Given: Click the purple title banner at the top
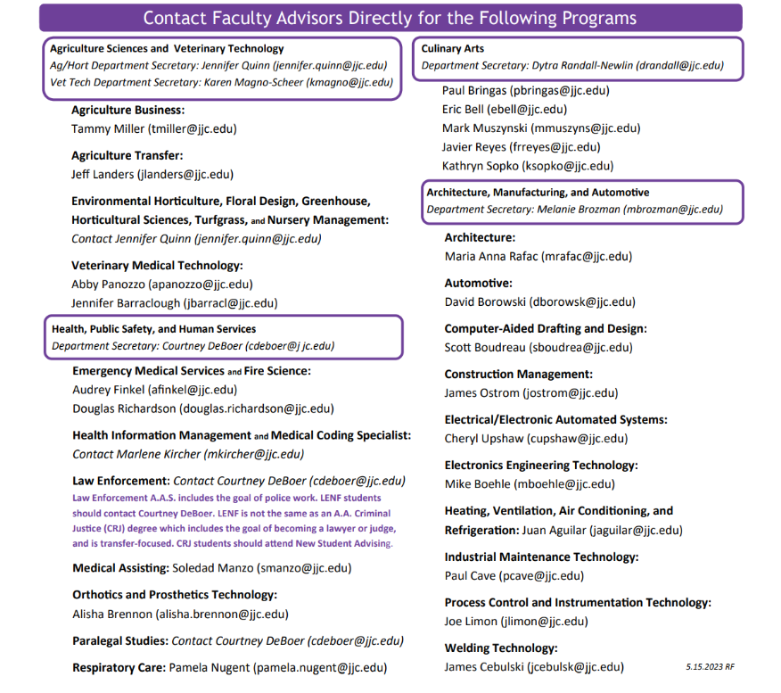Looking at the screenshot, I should [390, 18].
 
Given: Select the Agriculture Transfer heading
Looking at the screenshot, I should [127, 155].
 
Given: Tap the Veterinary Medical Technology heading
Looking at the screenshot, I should [157, 265].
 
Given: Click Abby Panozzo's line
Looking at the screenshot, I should [161, 285].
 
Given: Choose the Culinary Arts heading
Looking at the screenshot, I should [453, 48].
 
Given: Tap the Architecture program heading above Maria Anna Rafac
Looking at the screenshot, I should [480, 237].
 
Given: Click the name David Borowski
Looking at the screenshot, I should [485, 302].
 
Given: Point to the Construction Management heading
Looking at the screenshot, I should [518, 374].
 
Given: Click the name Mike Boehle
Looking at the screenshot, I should [477, 484].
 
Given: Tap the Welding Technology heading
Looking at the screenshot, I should [500, 648].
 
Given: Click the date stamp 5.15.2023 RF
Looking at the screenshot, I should [710, 666].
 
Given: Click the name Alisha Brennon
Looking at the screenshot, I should [112, 614].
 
